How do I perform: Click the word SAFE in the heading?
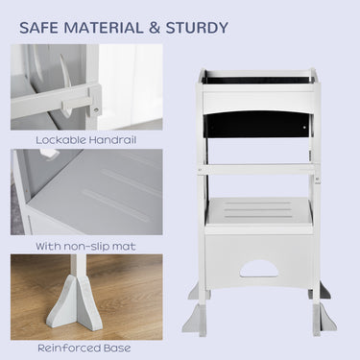coord(38,28)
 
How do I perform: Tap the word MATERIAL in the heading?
coord(104,28)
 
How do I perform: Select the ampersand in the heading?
coord(155,28)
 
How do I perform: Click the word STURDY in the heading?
coord(197,28)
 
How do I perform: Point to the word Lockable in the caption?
coord(60,140)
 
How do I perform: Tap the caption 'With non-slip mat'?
coord(85,247)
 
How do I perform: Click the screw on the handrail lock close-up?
coord(96,109)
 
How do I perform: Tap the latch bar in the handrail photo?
coord(76,103)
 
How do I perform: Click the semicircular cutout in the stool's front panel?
coord(258,269)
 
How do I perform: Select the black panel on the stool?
coord(257,126)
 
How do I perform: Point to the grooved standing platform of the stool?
coord(258,211)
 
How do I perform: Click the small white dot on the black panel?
coord(304,128)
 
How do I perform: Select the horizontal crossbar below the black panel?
coord(258,170)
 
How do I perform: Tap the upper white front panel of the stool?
coord(258,99)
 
